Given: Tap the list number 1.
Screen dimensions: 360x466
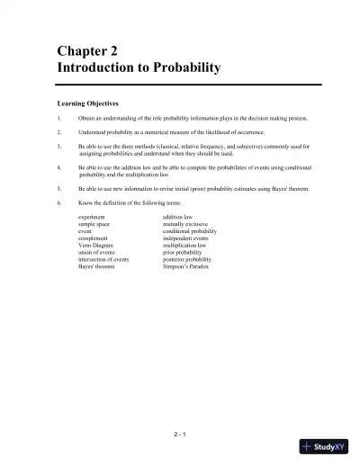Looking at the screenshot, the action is [x=58, y=118].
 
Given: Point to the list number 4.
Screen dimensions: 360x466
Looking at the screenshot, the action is [x=58, y=167].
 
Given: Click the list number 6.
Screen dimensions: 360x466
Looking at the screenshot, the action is [x=58, y=203].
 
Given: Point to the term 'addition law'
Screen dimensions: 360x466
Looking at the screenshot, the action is [x=180, y=217].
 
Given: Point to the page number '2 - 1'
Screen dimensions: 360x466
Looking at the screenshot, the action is [x=180, y=435].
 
